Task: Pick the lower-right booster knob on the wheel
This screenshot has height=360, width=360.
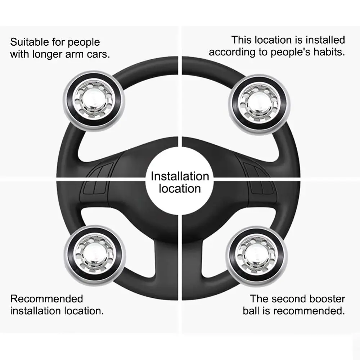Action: [x=256, y=256]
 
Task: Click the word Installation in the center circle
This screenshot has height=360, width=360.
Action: [x=180, y=176]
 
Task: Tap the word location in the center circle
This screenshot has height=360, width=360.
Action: [x=180, y=189]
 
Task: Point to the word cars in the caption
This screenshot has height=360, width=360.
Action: [x=98, y=54]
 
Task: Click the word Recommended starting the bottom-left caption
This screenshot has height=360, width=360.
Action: [x=46, y=299]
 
